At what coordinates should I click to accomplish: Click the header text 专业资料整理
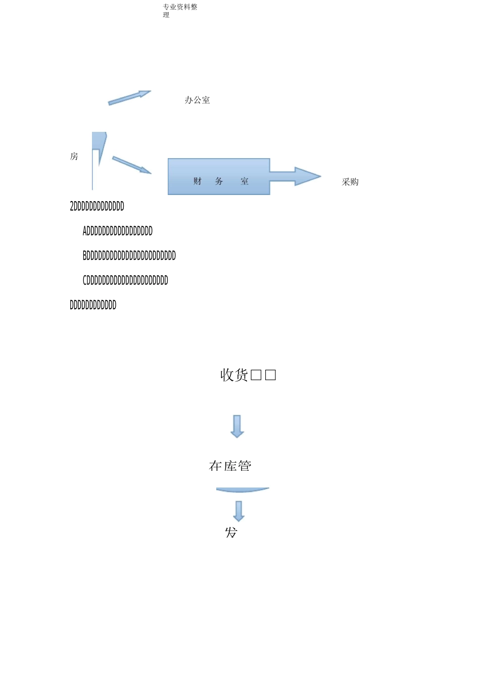(x=180, y=10)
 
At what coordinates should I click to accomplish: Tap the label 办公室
(x=197, y=100)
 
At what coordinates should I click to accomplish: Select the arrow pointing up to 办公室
(x=129, y=98)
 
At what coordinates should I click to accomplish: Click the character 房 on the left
(x=74, y=157)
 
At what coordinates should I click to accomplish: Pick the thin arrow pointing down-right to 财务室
(x=131, y=165)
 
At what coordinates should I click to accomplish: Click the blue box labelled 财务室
(x=218, y=176)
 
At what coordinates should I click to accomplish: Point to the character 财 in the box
(x=197, y=181)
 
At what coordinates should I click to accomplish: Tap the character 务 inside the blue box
(x=219, y=181)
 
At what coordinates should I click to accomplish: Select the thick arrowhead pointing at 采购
(x=306, y=176)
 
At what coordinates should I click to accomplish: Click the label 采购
(x=350, y=182)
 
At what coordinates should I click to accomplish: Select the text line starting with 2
(x=97, y=206)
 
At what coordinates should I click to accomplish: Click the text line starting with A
(x=118, y=231)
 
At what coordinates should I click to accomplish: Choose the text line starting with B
(x=129, y=256)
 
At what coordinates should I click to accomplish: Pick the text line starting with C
(x=125, y=280)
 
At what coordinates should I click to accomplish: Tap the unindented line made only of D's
(x=93, y=305)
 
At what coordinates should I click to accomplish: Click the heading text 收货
(x=234, y=375)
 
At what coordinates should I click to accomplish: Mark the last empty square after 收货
(x=270, y=375)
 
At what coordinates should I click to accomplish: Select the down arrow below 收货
(x=237, y=426)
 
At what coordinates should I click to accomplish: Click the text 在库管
(x=230, y=466)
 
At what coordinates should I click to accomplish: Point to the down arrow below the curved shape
(x=239, y=511)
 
